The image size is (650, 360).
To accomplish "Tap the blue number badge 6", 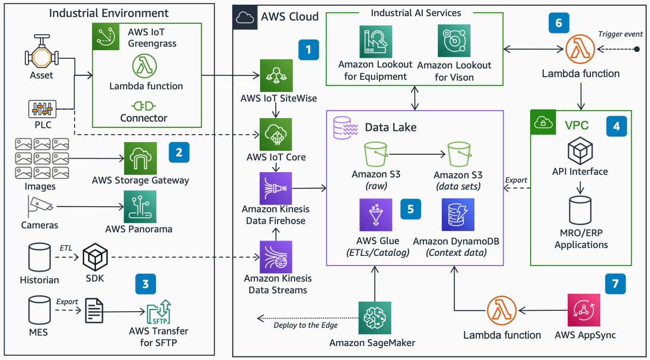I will (559, 23).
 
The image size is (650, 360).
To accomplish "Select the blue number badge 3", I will (146, 284).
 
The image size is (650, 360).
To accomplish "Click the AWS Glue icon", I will (375, 215).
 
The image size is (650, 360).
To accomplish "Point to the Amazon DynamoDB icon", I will (458, 215).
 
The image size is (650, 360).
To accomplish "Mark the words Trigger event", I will (620, 34).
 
